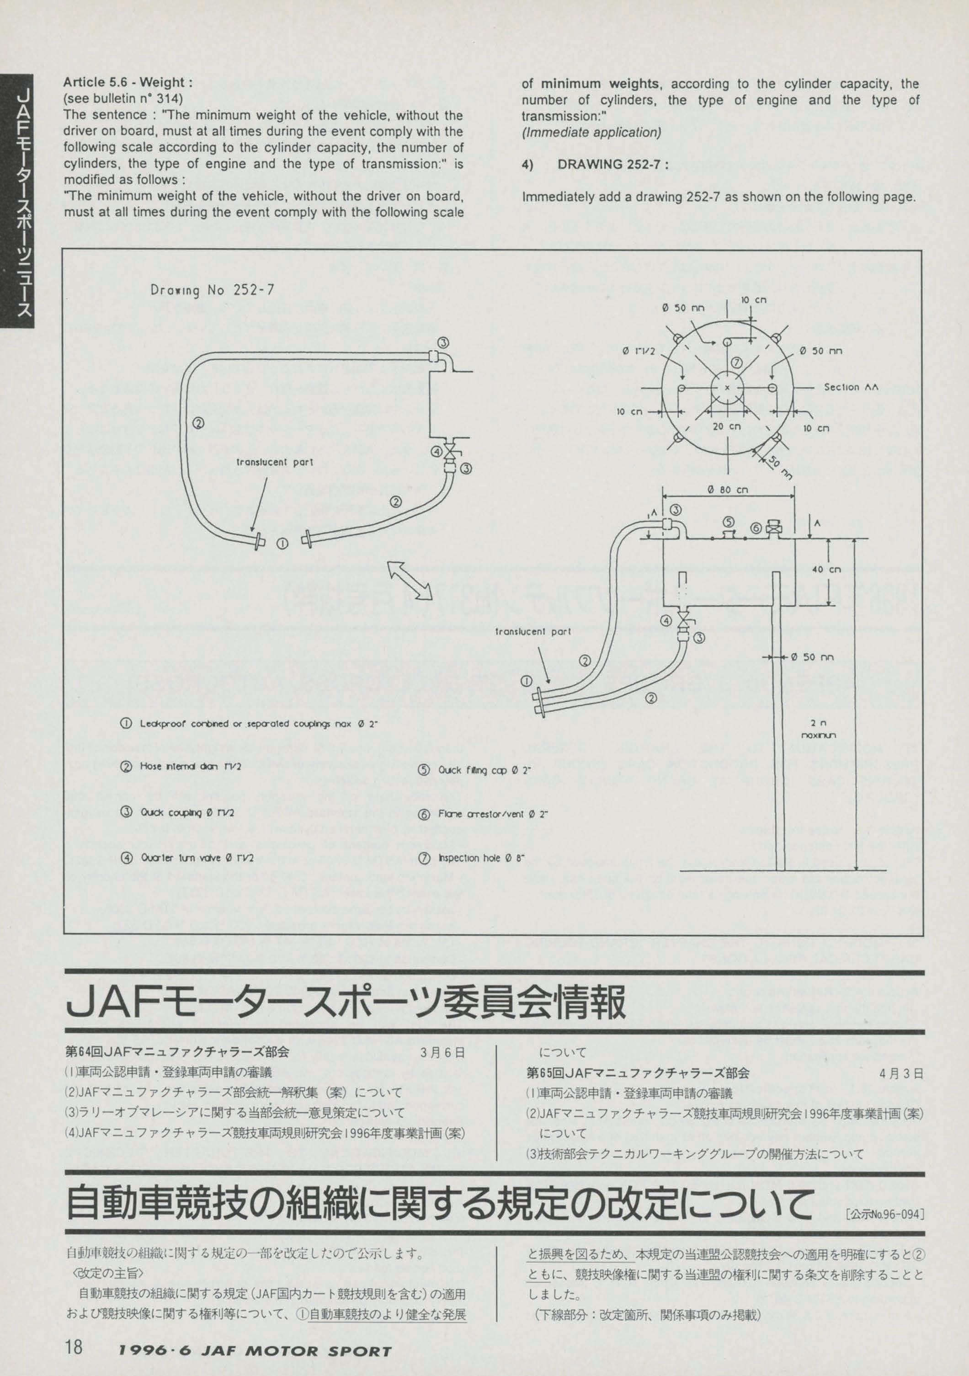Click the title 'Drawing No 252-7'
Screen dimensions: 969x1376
pos(212,290)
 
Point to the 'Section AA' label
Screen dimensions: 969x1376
pos(850,387)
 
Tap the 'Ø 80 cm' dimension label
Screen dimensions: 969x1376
pos(728,489)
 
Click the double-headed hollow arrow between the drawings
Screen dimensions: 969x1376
pos(409,579)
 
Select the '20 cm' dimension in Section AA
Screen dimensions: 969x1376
pos(726,427)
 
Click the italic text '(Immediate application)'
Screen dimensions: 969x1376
pos(591,133)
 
